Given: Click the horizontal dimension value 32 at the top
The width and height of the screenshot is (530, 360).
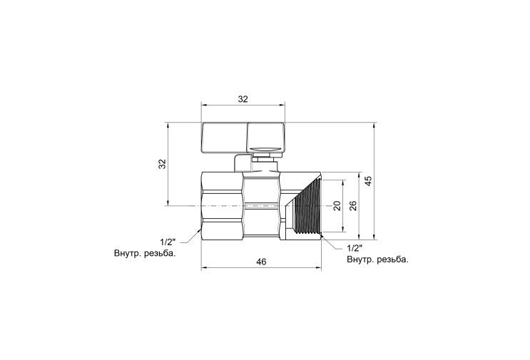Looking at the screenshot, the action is click(243, 99).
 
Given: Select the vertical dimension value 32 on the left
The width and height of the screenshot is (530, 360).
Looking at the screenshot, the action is click(163, 164).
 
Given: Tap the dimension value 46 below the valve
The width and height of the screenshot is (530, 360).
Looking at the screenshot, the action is click(261, 262).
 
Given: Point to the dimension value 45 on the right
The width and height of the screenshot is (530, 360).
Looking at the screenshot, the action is click(369, 180).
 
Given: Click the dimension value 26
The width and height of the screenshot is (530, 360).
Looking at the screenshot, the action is click(353, 206).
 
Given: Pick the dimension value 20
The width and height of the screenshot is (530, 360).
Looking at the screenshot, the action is click(337, 206).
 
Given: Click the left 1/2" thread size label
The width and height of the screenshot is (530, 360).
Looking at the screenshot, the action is click(168, 242).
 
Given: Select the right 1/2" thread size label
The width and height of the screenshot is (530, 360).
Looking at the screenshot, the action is click(355, 248).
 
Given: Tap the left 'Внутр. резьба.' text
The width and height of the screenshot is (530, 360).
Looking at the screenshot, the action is click(145, 253).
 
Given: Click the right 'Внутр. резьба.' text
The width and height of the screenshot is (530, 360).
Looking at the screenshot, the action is click(377, 259).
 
